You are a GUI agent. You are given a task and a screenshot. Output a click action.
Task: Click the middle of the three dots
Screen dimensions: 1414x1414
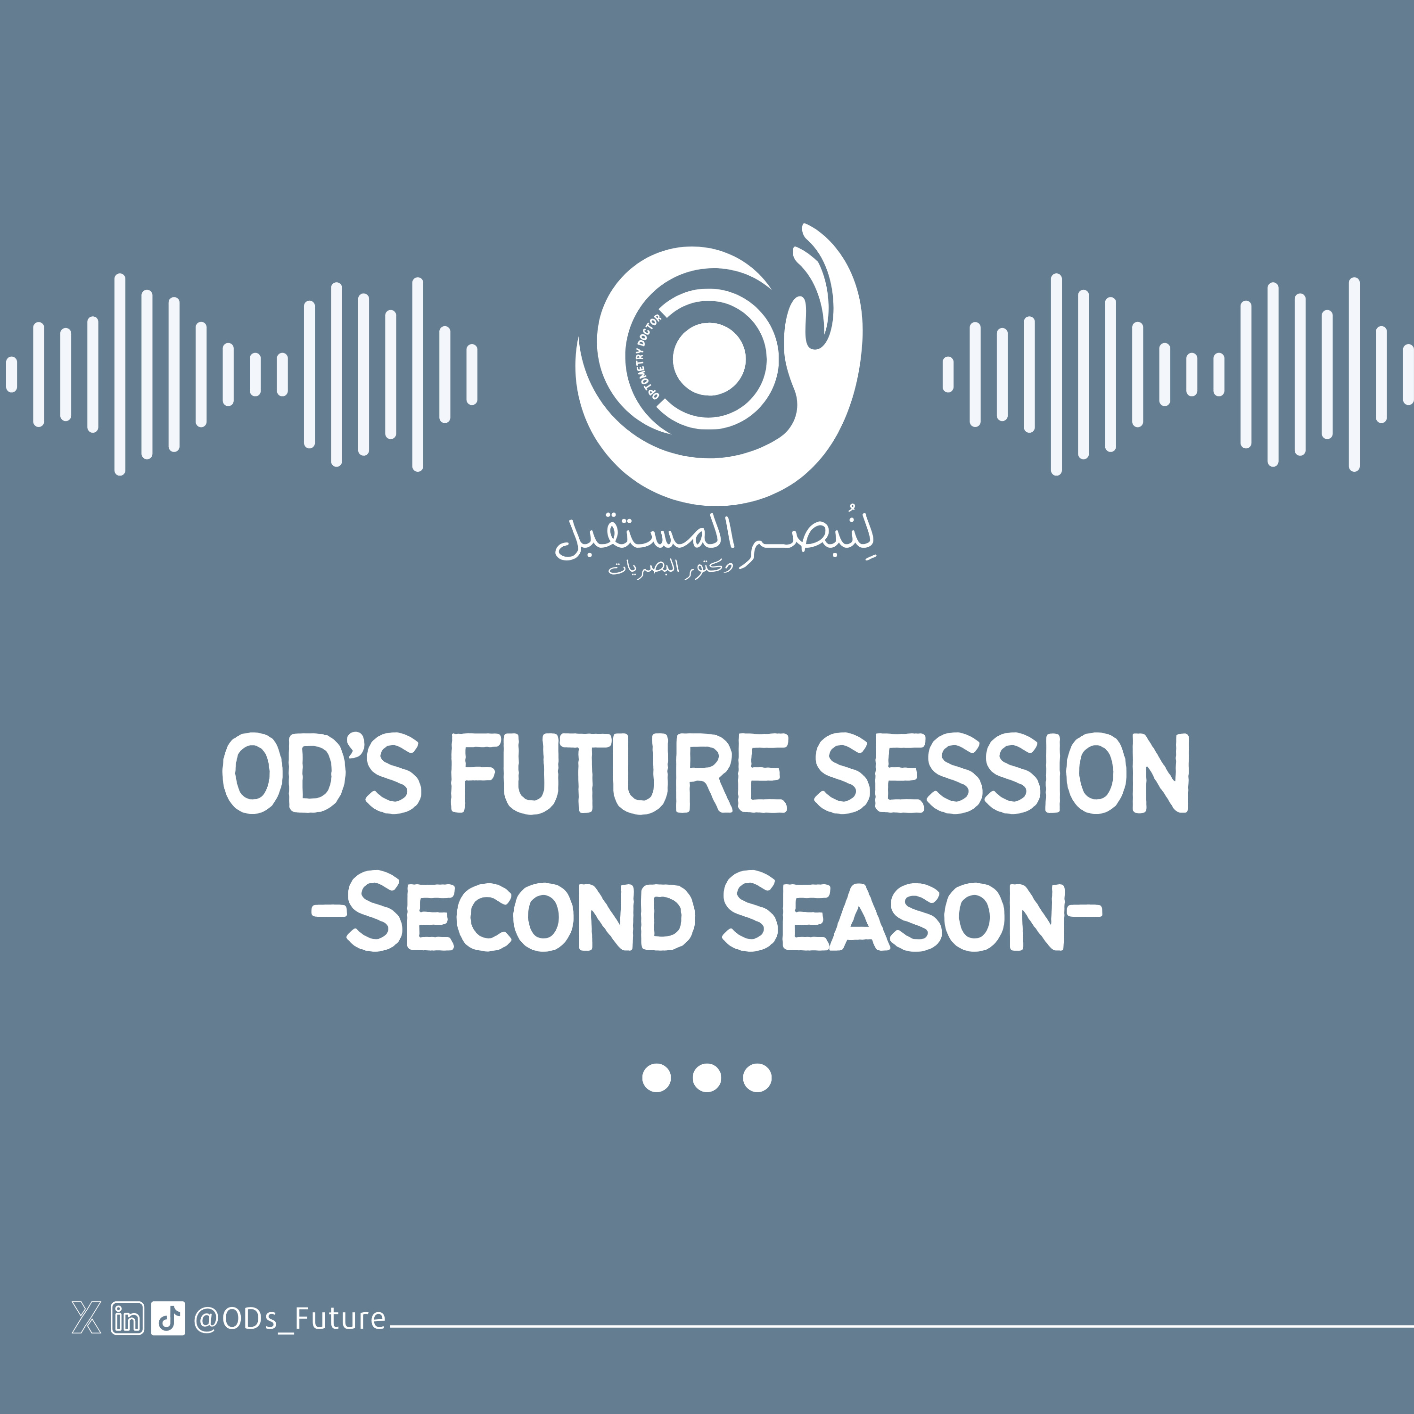point(707,1077)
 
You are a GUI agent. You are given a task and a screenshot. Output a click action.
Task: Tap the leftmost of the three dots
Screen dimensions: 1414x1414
point(657,1077)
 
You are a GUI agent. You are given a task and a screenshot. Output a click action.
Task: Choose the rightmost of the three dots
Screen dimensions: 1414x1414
point(757,1077)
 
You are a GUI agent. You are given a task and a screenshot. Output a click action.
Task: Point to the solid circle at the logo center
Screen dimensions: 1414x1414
point(708,359)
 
